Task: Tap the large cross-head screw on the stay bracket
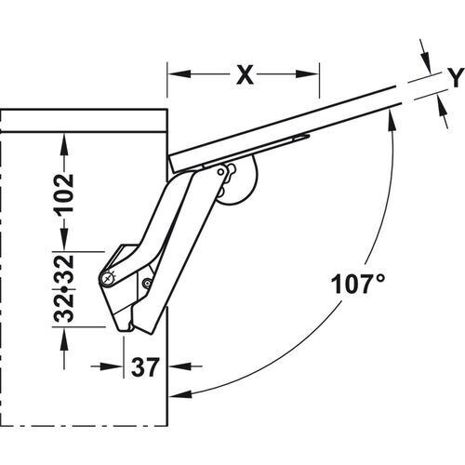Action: [109, 278]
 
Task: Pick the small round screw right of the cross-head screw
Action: [146, 283]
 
